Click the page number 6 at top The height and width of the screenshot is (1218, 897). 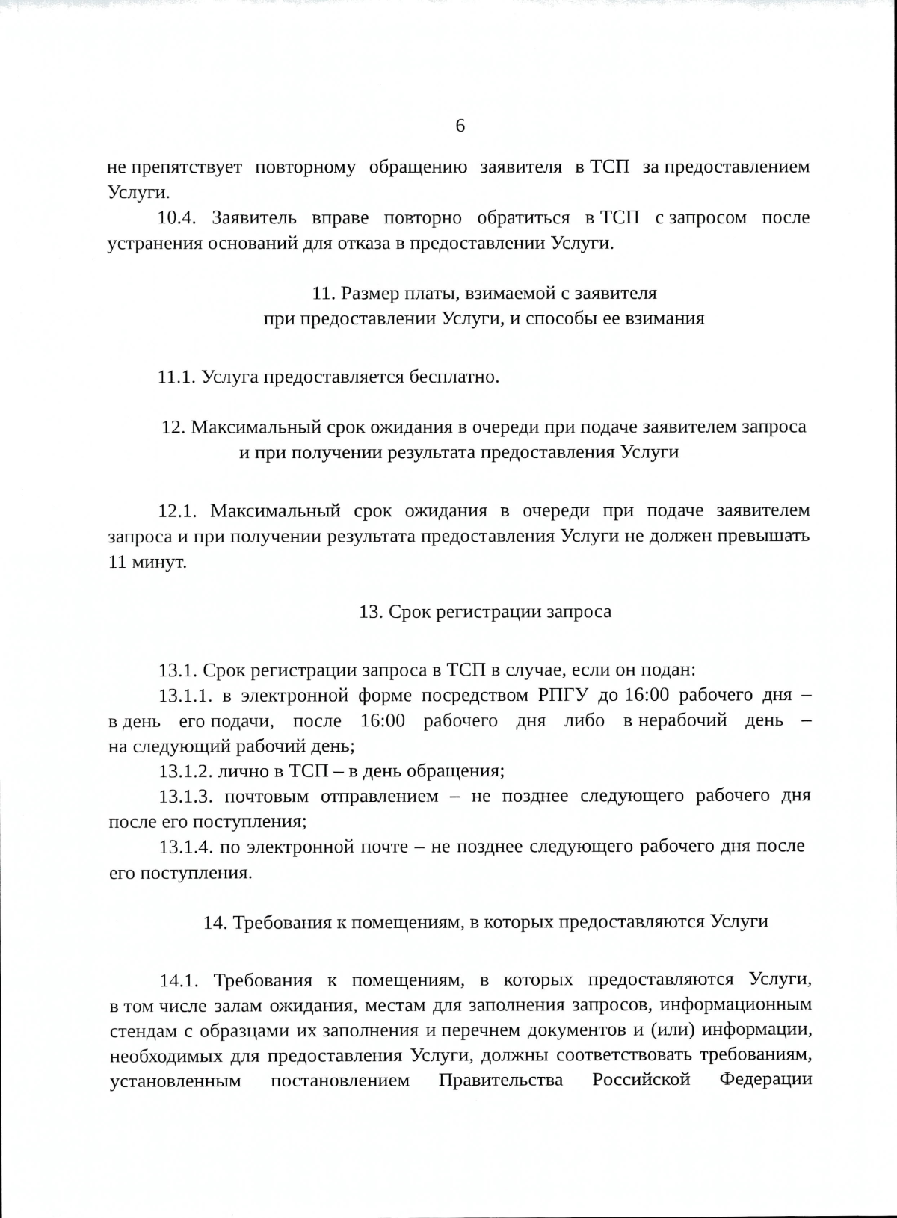460,126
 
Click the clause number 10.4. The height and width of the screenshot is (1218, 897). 176,218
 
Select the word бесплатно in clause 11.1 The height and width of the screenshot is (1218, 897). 454,377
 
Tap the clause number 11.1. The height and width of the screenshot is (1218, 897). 176,377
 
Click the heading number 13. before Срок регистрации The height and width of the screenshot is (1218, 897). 371,612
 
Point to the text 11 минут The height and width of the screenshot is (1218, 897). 147,562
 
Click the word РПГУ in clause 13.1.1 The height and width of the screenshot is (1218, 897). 563,696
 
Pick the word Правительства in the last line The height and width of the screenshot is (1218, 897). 500,1081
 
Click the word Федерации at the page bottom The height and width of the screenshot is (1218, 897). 765,1081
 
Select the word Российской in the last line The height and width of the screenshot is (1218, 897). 641,1081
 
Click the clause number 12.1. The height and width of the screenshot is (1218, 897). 176,511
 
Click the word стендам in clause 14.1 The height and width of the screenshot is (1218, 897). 141,1030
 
